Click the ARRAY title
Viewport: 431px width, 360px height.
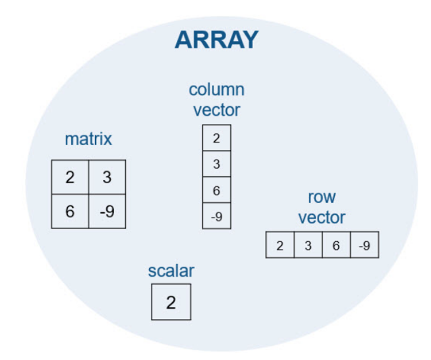tap(217, 40)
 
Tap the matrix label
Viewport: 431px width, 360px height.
tap(88, 139)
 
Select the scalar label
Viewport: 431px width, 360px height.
tap(171, 271)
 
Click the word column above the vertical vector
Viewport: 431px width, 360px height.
tap(217, 90)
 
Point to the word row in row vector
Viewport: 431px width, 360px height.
tap(321, 197)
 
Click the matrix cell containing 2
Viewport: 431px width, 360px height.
tap(70, 177)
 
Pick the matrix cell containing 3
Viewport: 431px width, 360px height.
tap(107, 177)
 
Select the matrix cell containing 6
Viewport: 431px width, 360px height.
tap(70, 211)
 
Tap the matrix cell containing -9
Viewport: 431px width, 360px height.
tap(107, 211)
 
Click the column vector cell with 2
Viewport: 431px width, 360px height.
tap(217, 137)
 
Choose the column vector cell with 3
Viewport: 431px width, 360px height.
tap(217, 164)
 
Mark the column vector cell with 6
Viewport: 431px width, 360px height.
tap(217, 190)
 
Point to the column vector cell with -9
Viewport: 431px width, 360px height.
tap(217, 216)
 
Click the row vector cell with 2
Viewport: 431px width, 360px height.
tap(280, 245)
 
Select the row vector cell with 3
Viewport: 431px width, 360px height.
tap(308, 245)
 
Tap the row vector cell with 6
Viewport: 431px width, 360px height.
tap(336, 245)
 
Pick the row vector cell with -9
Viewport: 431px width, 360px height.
tap(365, 245)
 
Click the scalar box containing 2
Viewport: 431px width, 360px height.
tap(171, 302)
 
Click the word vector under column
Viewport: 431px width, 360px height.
tap(217, 110)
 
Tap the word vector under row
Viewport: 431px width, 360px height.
tap(321, 217)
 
